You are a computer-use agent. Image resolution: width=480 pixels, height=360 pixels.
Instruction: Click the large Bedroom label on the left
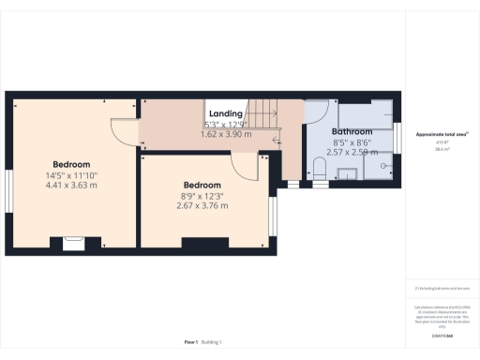point(71,165)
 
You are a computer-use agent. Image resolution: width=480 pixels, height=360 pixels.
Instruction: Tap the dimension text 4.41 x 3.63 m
point(71,185)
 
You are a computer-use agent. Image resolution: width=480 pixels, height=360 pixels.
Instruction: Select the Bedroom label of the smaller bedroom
point(202,185)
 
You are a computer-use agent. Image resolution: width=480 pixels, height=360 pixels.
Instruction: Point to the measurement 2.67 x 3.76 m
point(202,205)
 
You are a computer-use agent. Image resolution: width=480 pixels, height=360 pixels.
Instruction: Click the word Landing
point(225,113)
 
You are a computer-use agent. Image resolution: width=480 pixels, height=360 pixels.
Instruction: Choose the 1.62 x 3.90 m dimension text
point(227,134)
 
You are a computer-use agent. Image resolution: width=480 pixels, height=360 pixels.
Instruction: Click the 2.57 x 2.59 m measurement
point(350,151)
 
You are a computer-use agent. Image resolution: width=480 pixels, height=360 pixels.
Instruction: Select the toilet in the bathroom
point(320,170)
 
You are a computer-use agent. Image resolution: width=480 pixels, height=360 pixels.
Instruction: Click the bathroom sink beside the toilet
point(344,172)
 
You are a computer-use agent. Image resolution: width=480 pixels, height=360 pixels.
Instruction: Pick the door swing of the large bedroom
point(124,131)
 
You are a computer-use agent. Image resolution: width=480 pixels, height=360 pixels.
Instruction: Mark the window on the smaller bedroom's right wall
point(274,216)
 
